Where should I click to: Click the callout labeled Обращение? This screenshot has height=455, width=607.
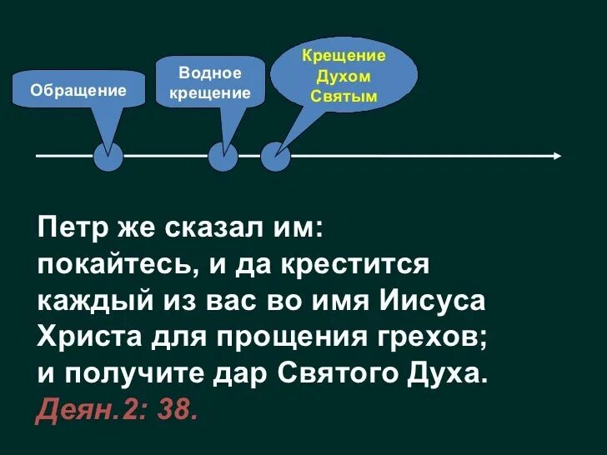[78, 90]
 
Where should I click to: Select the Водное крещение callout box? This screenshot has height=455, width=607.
[210, 82]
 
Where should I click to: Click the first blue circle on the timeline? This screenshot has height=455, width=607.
[108, 157]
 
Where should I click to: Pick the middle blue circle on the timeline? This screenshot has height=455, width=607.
[223, 157]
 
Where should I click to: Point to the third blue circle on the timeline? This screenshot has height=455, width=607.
[275, 157]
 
